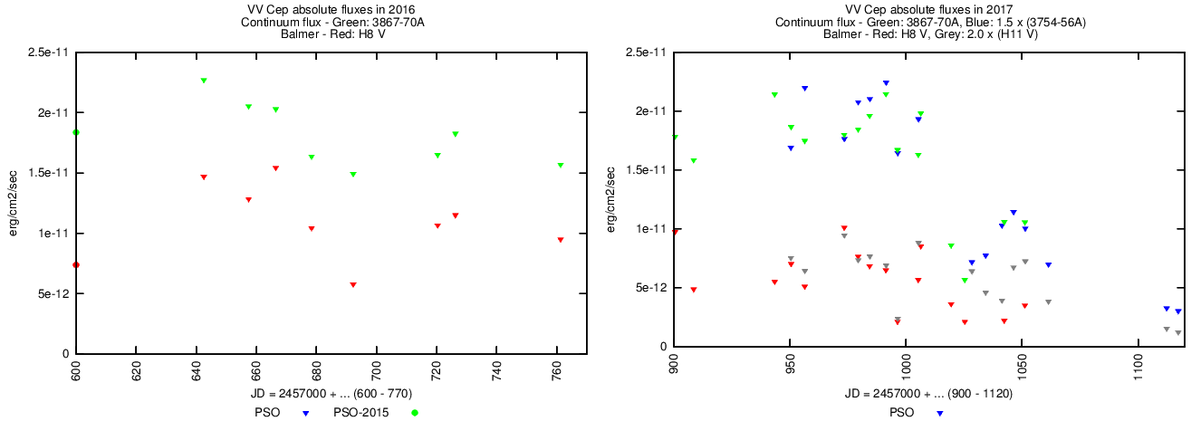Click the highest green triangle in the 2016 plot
[204, 81]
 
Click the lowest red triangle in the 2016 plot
[353, 284]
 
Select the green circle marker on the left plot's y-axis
[76, 132]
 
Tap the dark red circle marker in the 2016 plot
[76, 264]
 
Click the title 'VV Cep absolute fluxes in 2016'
[331, 8]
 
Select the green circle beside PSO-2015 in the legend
[416, 413]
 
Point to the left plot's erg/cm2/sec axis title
[14, 203]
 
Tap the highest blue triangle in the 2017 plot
[886, 83]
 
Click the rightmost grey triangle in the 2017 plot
[1177, 333]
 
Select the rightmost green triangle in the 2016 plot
[561, 165]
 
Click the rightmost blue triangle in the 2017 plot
[1177, 311]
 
